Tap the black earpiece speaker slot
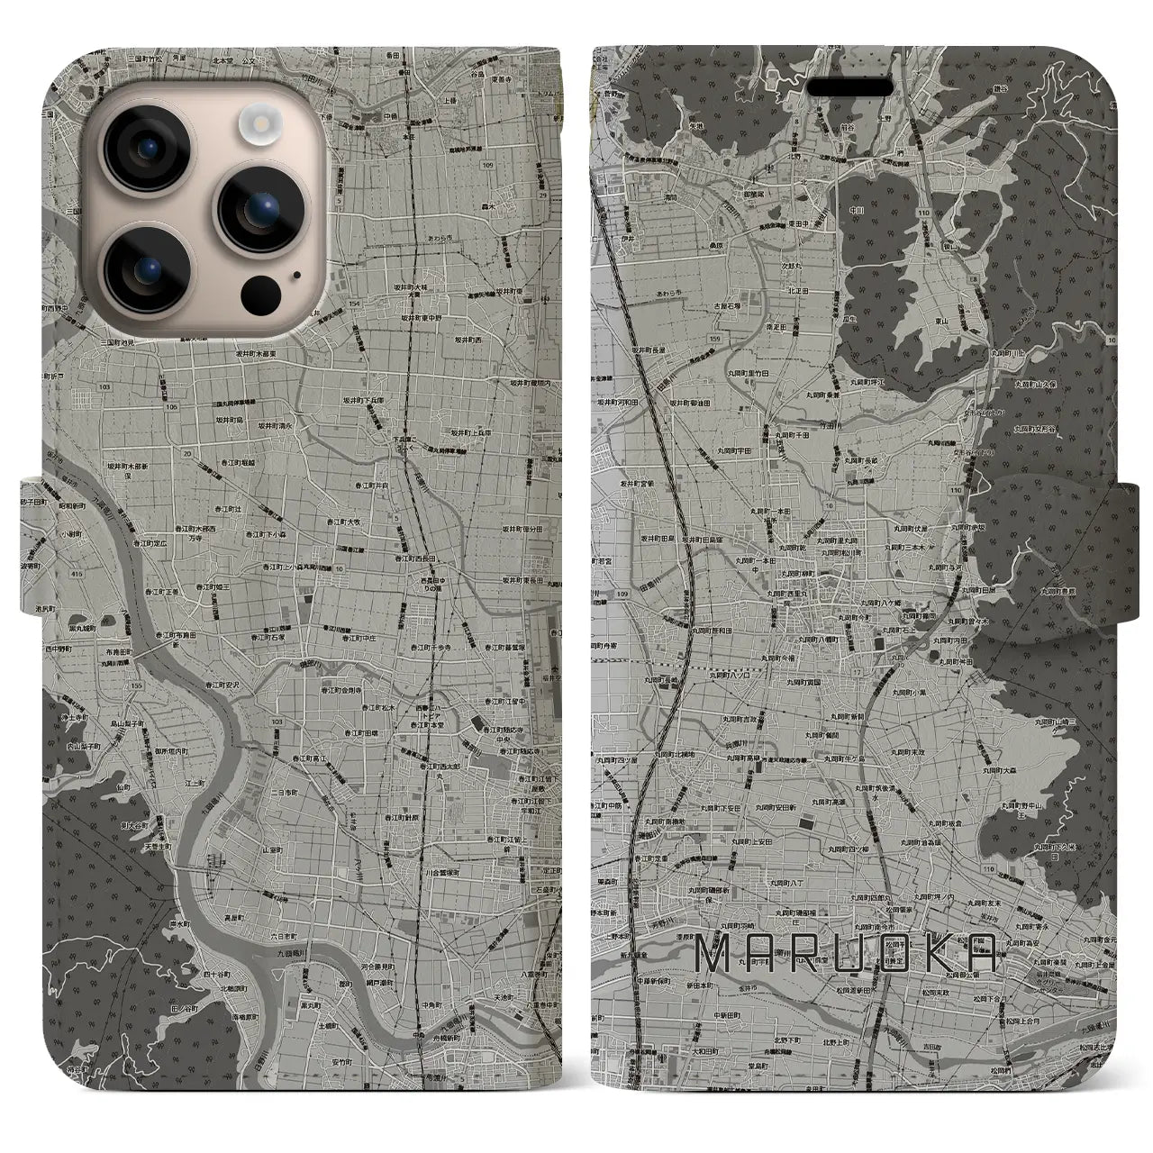pos(859,88)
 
